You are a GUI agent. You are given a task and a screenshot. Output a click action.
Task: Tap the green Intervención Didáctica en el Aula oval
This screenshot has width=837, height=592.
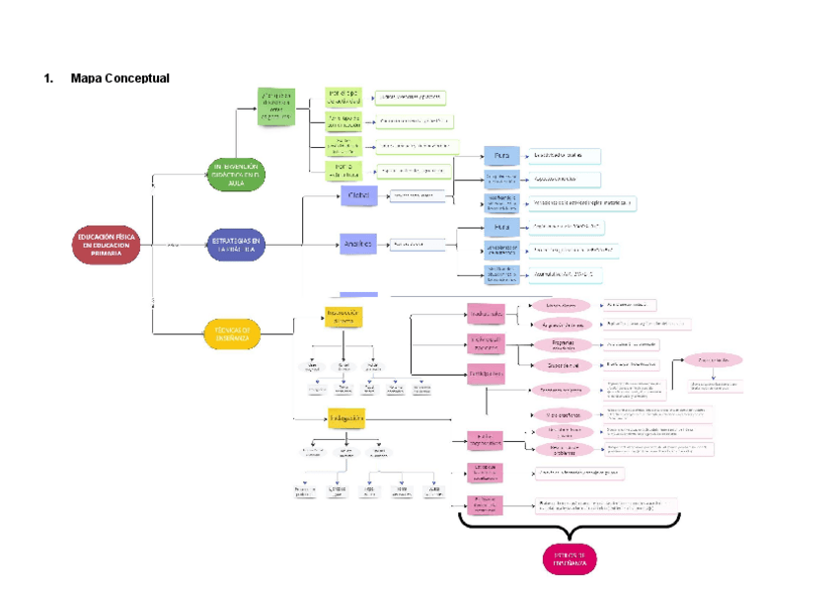235,175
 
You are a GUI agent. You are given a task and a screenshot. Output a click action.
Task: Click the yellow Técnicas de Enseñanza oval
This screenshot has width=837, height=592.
233,333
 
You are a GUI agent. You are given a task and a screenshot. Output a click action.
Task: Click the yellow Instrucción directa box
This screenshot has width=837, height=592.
342,316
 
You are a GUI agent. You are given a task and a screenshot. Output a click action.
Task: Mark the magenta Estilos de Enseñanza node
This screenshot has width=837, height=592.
570,559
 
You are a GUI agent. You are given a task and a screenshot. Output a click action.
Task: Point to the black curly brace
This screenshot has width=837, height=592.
570,522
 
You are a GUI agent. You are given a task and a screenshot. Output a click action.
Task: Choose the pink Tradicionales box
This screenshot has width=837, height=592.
485,314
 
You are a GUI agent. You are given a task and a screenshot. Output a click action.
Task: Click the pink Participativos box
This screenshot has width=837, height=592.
485,375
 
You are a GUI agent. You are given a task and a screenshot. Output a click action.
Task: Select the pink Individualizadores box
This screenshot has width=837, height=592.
485,342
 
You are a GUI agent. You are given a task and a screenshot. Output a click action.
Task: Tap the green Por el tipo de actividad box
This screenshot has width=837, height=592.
344,98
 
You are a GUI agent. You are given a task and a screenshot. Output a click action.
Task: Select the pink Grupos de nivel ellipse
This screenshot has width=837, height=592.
563,365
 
